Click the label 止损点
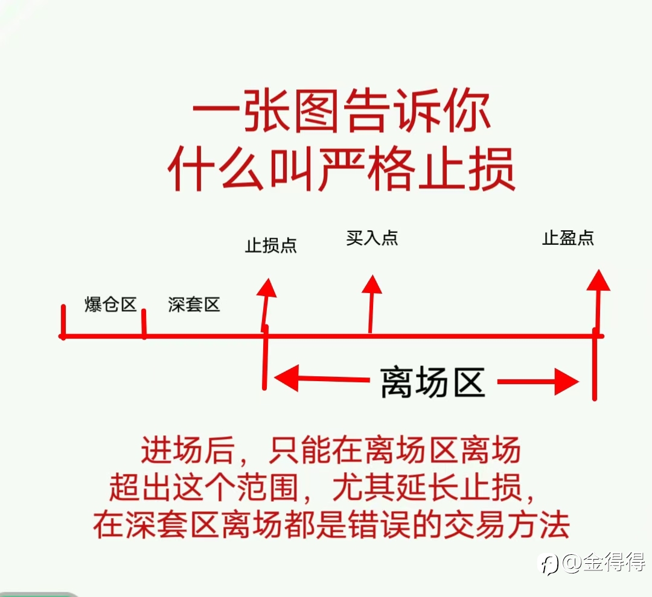point(270,245)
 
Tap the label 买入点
point(372,238)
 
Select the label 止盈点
point(568,238)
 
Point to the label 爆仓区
point(110,305)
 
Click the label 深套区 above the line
point(194,305)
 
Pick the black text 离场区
point(433,382)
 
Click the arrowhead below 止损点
point(267,288)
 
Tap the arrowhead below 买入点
point(372,285)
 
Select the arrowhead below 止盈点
point(598,280)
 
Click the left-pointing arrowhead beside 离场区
point(286,378)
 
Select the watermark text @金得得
point(604,563)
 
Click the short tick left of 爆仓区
point(63,322)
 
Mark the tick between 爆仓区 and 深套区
point(144,324)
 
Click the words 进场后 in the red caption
point(188,450)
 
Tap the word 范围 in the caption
point(268,487)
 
